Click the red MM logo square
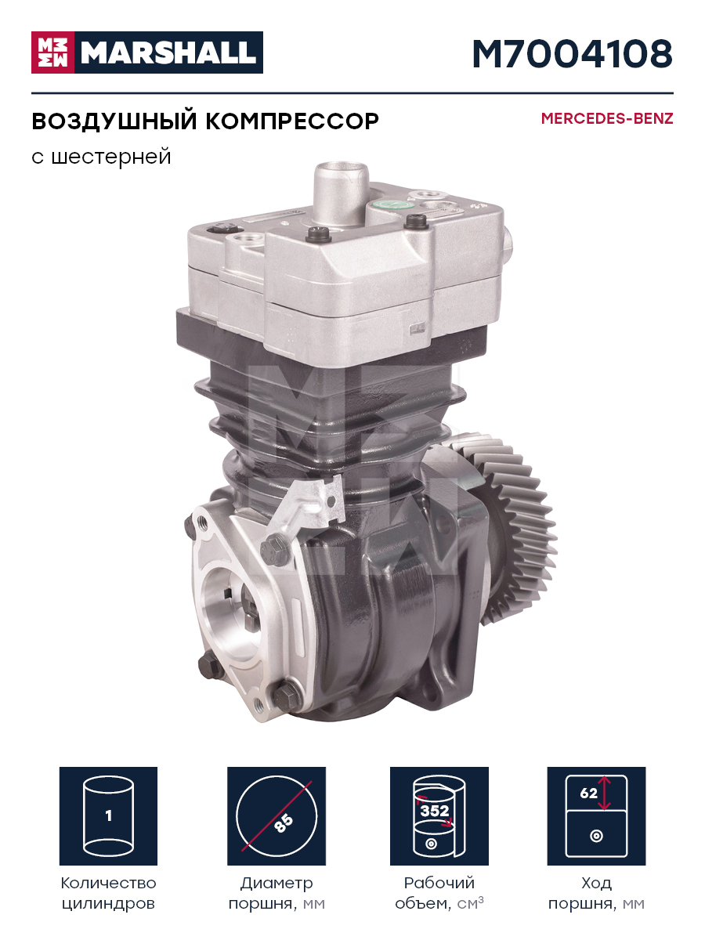(52, 52)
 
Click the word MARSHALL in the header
(168, 52)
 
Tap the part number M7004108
(573, 53)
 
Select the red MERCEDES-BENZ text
(607, 118)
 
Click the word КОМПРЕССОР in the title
(292, 121)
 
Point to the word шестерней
(111, 157)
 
